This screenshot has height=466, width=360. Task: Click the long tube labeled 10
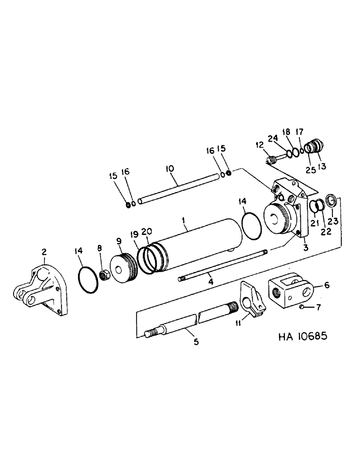point(177,189)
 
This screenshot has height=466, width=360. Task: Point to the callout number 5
point(196,342)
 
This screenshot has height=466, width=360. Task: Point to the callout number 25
point(310,167)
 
